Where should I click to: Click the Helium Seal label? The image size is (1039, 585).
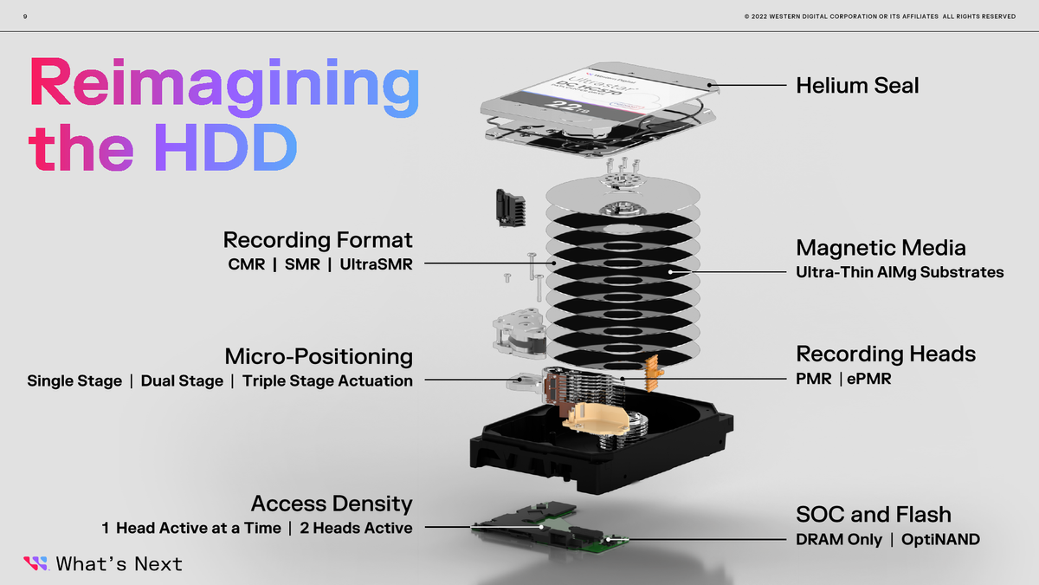click(x=857, y=85)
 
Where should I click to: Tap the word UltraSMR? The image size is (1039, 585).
click(x=377, y=263)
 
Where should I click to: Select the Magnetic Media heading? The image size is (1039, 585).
click(x=881, y=248)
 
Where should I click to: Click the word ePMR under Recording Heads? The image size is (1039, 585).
click(x=869, y=379)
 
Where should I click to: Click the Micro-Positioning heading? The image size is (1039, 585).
click(x=318, y=356)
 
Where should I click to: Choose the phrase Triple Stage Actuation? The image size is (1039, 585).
click(x=327, y=380)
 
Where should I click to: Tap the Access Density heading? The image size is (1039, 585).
click(x=331, y=504)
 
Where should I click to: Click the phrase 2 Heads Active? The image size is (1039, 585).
click(x=356, y=528)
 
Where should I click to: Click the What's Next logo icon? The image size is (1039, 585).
click(x=35, y=563)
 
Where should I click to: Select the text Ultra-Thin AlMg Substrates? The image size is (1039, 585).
click(x=900, y=272)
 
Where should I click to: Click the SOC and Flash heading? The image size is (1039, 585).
click(x=873, y=515)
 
